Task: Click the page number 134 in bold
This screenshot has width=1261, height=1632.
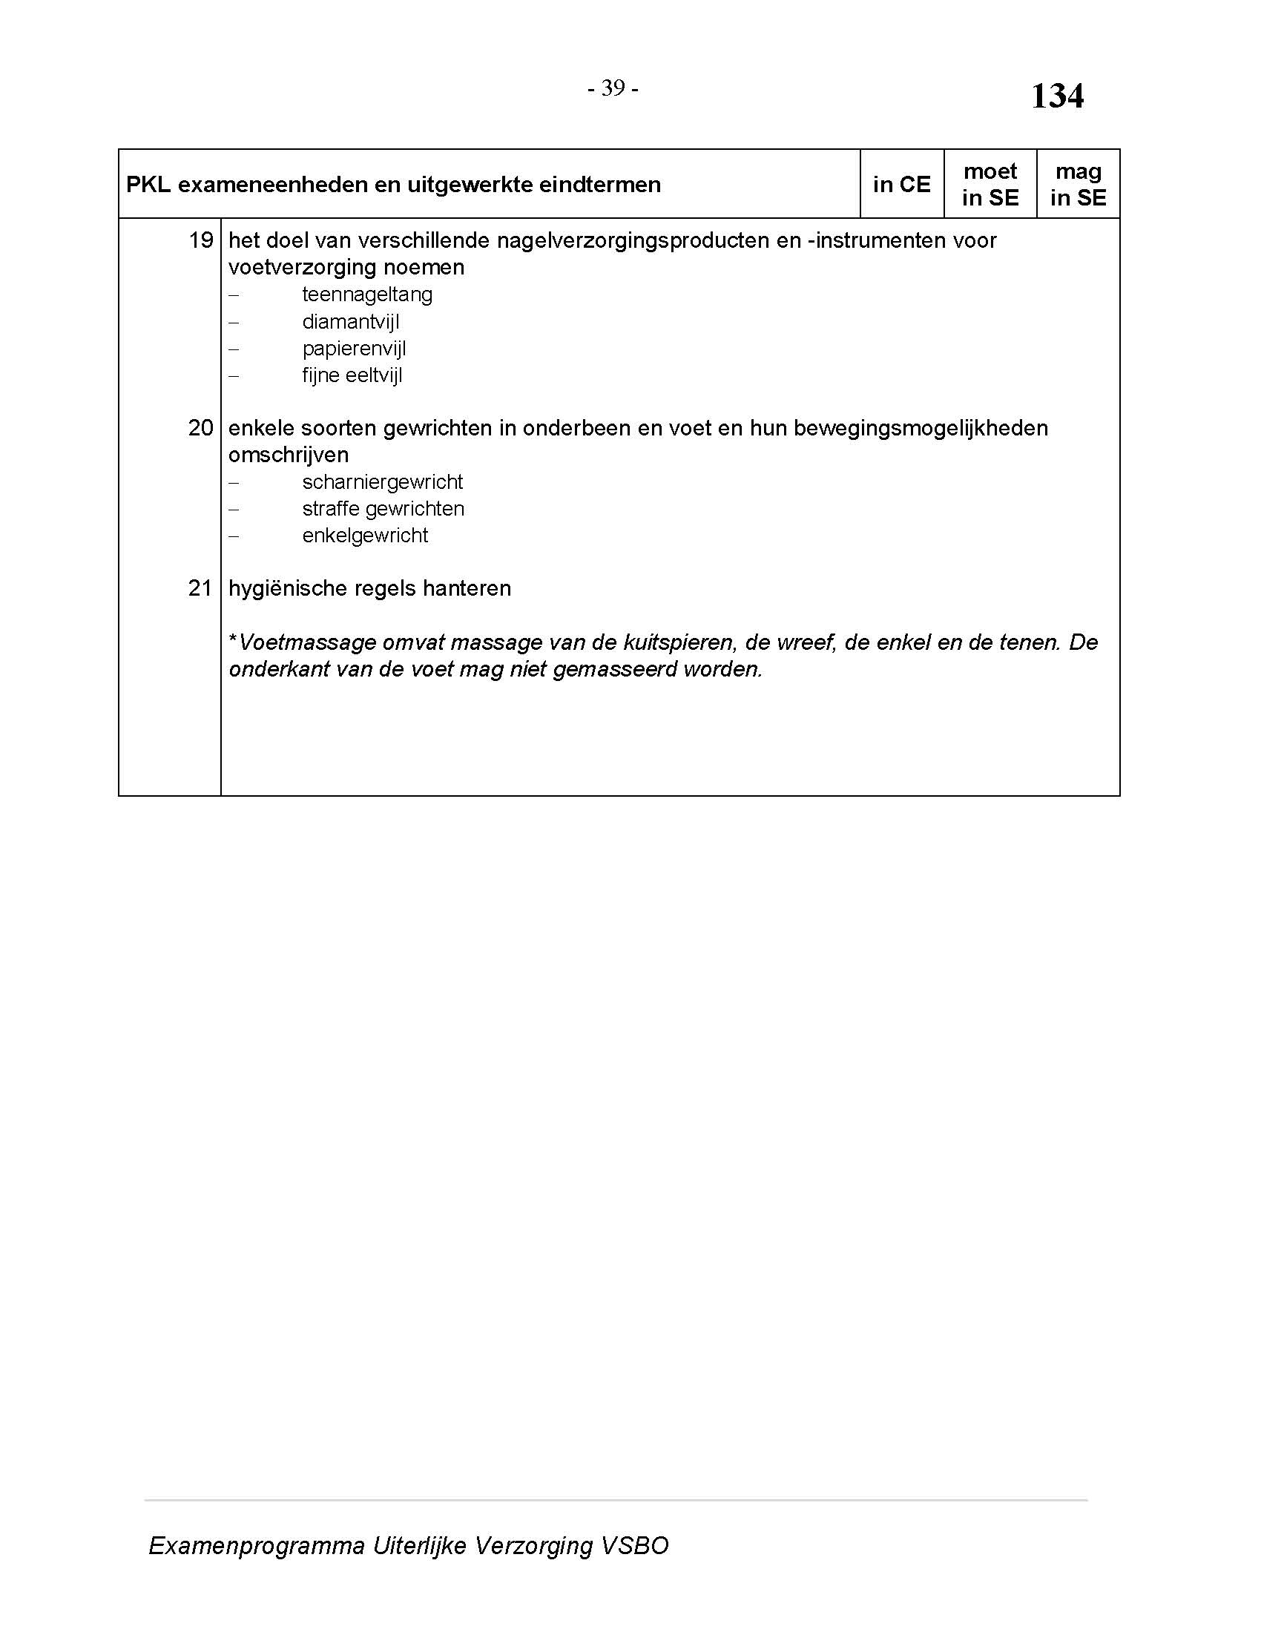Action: (x=1057, y=96)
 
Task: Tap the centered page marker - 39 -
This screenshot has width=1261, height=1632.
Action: (x=613, y=88)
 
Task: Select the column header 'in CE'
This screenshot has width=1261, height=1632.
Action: (x=902, y=185)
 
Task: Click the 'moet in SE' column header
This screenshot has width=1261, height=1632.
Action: (x=990, y=185)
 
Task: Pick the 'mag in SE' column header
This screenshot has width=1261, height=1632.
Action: (x=1078, y=185)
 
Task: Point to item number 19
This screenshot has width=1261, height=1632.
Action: (x=201, y=240)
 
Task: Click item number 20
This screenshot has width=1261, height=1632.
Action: (x=201, y=428)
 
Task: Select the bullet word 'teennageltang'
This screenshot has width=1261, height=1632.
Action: (x=366, y=295)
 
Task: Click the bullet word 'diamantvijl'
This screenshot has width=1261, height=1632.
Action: (x=350, y=322)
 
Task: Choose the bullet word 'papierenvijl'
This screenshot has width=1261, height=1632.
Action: (x=354, y=349)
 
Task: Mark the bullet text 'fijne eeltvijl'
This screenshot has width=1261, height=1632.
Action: (x=352, y=375)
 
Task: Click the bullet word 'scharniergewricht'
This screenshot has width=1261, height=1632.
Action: (x=383, y=482)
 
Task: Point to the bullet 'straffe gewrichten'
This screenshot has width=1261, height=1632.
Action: (x=383, y=509)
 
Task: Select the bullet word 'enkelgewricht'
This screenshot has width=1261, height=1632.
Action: (x=365, y=536)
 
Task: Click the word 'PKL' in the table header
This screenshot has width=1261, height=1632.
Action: (x=148, y=185)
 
